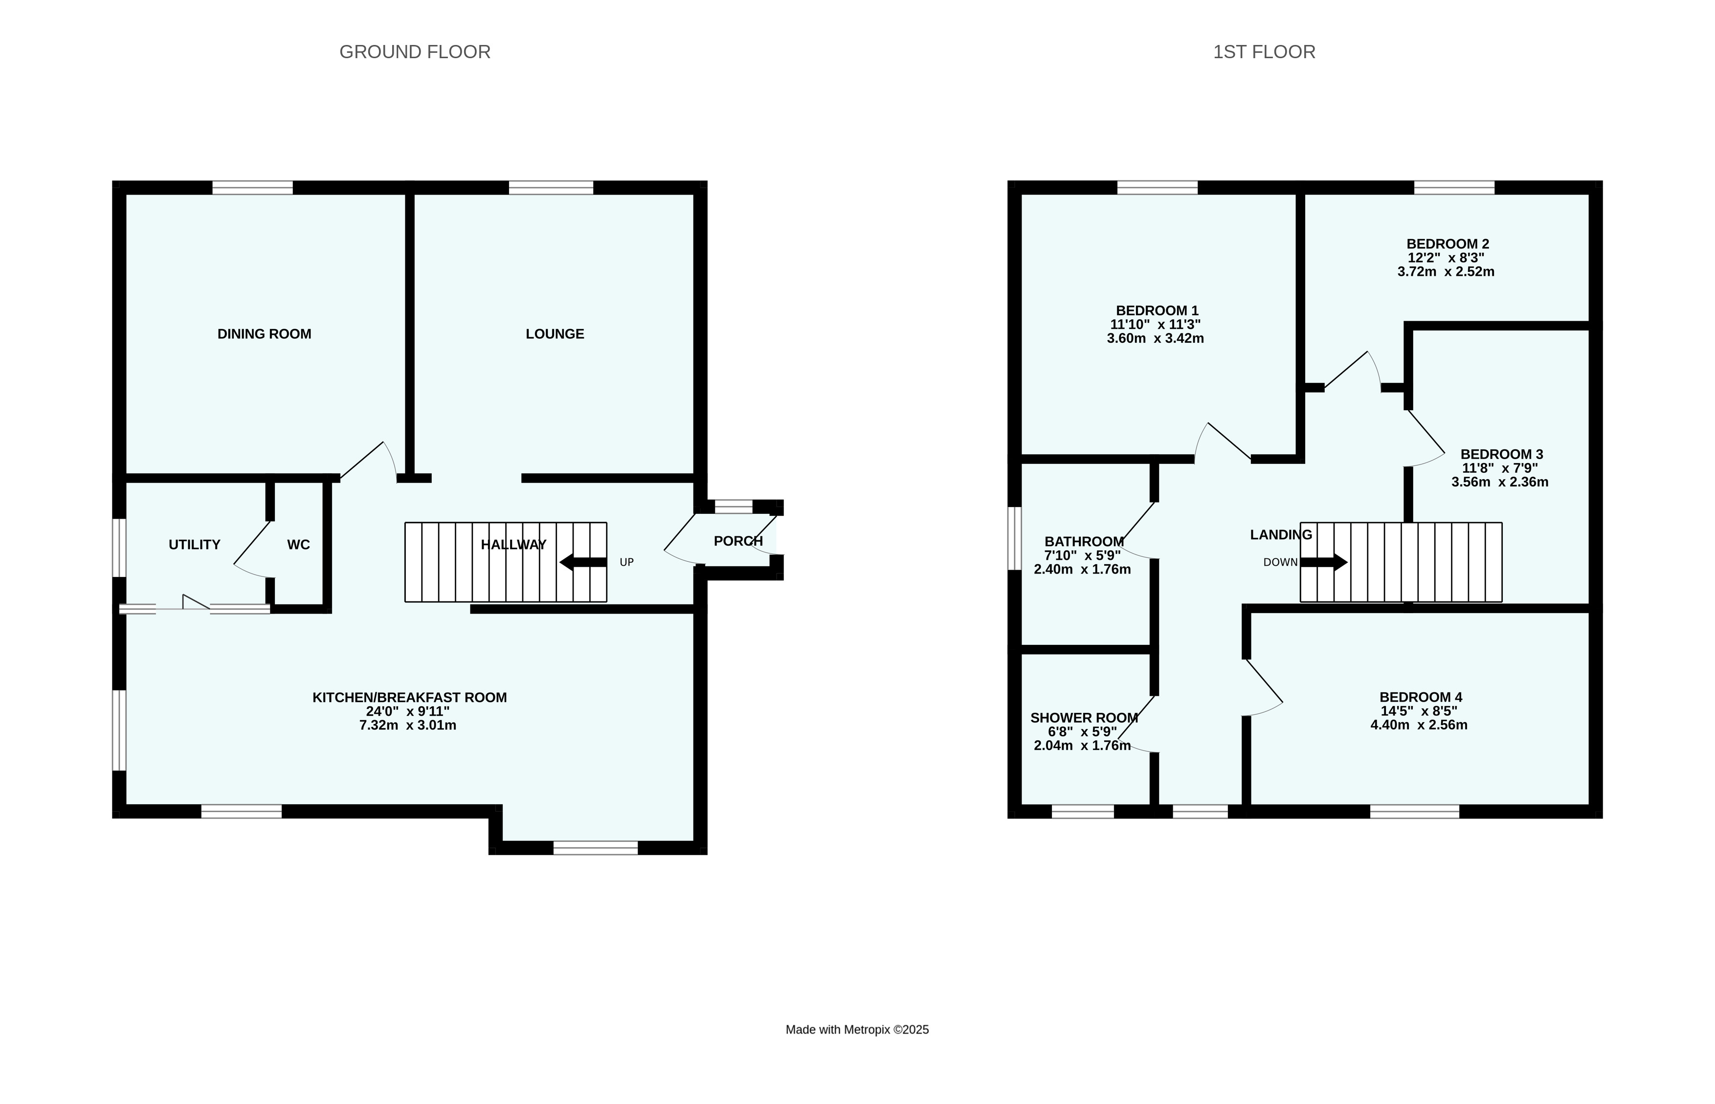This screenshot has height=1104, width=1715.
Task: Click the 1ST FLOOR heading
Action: (1264, 52)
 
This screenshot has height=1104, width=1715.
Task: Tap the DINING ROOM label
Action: (264, 334)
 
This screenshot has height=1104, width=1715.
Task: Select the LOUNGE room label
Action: (555, 334)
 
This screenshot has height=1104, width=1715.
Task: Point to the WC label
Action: (298, 545)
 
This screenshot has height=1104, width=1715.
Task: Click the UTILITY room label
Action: (194, 545)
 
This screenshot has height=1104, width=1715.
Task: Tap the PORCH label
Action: (738, 541)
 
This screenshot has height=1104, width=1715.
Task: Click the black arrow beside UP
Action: (583, 563)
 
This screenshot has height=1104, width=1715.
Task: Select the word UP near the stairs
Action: (626, 563)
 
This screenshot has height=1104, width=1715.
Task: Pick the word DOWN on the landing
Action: (1281, 563)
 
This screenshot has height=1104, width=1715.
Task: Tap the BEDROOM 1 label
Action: (1157, 311)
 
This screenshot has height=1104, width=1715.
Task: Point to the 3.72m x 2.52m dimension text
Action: (1446, 272)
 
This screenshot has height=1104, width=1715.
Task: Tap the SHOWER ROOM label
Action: (1084, 718)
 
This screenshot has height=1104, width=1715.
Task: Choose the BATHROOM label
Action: (1084, 542)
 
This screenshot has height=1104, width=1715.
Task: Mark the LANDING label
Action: (1281, 535)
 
